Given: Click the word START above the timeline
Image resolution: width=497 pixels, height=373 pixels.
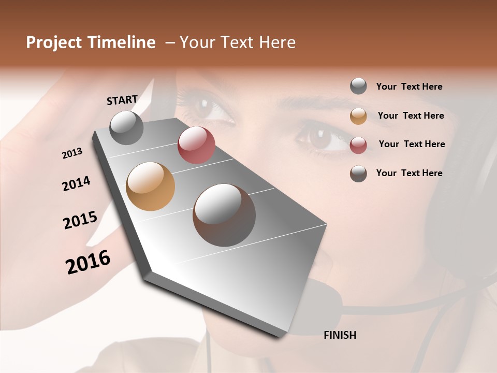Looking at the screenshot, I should (x=122, y=100).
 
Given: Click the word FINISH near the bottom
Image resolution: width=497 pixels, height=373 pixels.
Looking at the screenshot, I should (x=340, y=335).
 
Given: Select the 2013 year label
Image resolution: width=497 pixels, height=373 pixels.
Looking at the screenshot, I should (x=72, y=153).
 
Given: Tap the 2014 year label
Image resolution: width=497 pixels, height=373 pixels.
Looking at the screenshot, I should (x=76, y=184).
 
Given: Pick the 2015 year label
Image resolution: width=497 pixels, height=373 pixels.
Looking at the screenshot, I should (x=80, y=220).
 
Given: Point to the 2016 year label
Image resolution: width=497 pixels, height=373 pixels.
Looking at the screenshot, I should (x=88, y=262).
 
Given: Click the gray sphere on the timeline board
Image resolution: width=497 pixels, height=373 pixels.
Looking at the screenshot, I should (x=127, y=127).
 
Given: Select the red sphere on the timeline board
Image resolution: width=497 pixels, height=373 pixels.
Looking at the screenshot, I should (x=196, y=145).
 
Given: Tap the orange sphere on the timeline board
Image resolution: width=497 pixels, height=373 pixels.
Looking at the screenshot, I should (x=151, y=186).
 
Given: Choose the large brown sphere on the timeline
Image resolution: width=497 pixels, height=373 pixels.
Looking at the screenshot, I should (x=224, y=215).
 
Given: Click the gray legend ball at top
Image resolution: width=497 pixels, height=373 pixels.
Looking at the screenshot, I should (x=358, y=86).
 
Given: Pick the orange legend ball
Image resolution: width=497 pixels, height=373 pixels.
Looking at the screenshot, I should (x=358, y=116).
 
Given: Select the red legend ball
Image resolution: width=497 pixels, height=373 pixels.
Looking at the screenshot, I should (x=358, y=145).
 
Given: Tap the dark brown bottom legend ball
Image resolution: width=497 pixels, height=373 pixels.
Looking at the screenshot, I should (x=358, y=174).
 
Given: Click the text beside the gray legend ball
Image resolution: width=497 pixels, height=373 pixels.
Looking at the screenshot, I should (x=409, y=87).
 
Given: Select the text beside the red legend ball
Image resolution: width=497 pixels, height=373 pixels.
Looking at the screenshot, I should (x=412, y=144).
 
